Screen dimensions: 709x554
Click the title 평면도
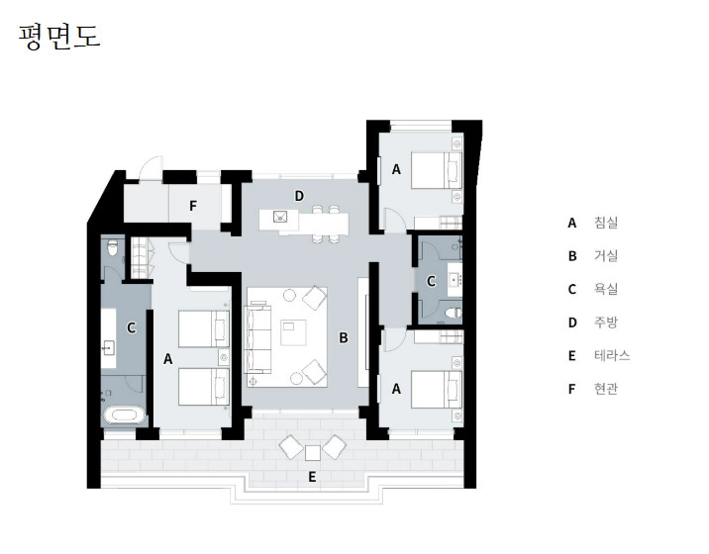[59, 37]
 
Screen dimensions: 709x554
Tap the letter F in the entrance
[193, 206]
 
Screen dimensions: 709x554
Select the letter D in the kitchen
[299, 196]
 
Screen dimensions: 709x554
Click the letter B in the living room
[344, 337]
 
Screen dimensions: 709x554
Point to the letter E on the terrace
[312, 477]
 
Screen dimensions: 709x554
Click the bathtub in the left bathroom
[122, 415]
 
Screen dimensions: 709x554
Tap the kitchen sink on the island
[280, 217]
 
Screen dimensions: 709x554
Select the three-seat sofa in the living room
[257, 339]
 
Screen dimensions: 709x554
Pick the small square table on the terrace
[313, 453]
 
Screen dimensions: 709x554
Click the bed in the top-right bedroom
[437, 170]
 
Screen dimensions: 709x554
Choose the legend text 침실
[606, 223]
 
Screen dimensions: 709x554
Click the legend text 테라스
[612, 355]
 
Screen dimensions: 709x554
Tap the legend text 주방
[606, 323]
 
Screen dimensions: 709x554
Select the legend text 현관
[606, 389]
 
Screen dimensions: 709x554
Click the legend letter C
[572, 289]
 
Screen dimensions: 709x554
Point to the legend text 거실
[606, 256]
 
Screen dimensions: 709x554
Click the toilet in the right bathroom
[453, 313]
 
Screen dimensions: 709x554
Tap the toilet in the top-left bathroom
[112, 247]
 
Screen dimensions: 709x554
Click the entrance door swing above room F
[152, 167]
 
